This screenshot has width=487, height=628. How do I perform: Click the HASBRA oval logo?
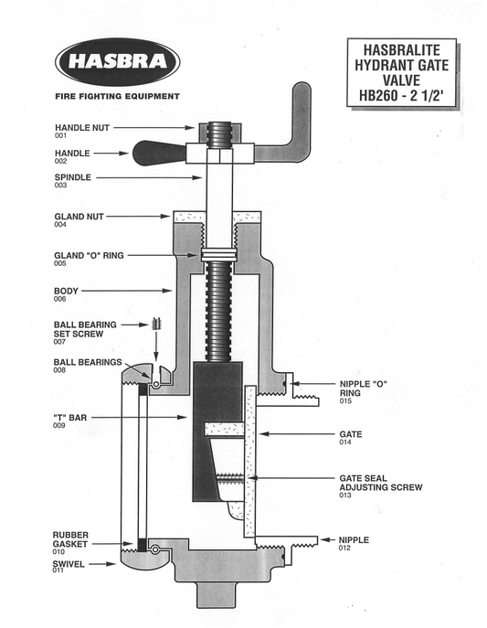click(117, 61)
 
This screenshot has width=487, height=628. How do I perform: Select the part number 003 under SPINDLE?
click(60, 186)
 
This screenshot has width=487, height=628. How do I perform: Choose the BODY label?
click(66, 292)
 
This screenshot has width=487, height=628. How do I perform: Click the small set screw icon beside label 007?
click(156, 325)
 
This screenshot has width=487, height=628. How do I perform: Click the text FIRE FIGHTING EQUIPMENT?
click(117, 96)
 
